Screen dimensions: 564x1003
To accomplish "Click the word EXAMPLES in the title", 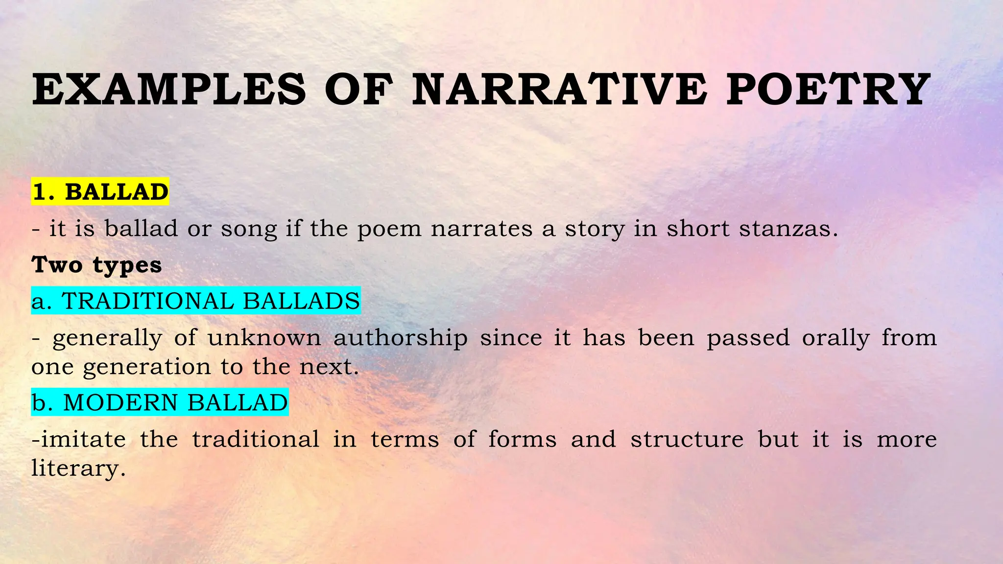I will tap(169, 90).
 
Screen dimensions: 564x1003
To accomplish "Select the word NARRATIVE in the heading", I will tap(559, 90).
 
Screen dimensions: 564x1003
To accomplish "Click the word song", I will tap(249, 229).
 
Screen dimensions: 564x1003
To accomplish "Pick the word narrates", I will tap(481, 229).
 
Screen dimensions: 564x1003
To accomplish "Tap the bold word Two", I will tap(57, 265).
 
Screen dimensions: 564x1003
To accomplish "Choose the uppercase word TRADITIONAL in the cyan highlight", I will tap(147, 301).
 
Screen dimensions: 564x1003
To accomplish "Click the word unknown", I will tap(264, 337).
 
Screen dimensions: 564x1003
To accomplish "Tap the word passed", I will tap(748, 338).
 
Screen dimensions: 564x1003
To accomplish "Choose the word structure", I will tap(687, 439).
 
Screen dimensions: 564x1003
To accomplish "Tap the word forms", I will tap(522, 439).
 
